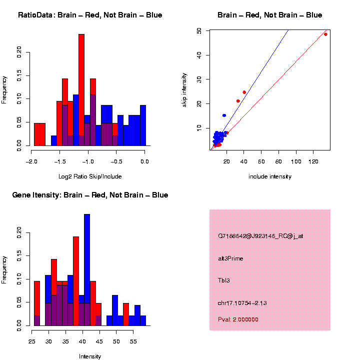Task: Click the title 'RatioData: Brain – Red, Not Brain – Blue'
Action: [x=90, y=15]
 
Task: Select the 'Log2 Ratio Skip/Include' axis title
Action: [x=90, y=176]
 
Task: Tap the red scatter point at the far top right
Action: [x=325, y=34]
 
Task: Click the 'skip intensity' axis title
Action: [x=184, y=89]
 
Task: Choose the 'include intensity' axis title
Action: [x=270, y=176]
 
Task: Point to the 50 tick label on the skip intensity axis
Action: [x=199, y=30]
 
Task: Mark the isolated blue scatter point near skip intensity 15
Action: [x=224, y=115]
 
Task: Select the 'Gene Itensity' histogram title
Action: [x=90, y=195]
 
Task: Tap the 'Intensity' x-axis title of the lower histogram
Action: [x=90, y=356]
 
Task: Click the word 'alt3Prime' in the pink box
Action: [x=230, y=258]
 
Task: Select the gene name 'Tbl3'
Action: [x=223, y=280]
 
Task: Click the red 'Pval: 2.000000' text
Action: [x=238, y=319]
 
